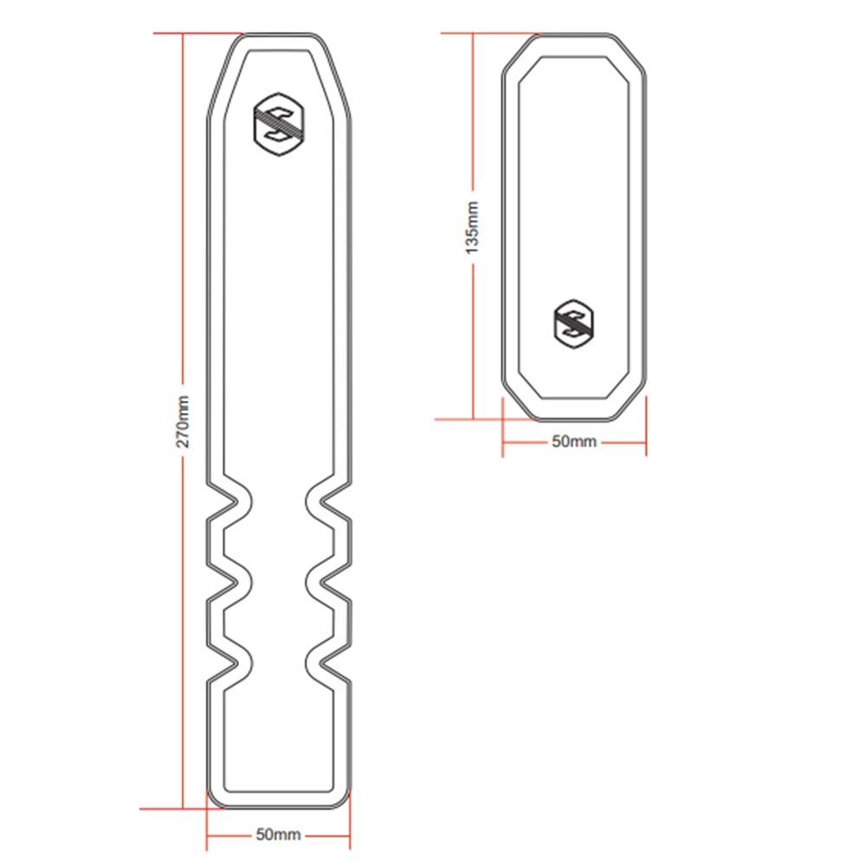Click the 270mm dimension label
click(184, 421)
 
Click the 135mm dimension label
click(473, 227)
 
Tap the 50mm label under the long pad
click(278, 835)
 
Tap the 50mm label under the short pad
click(574, 442)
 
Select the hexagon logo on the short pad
click(574, 323)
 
